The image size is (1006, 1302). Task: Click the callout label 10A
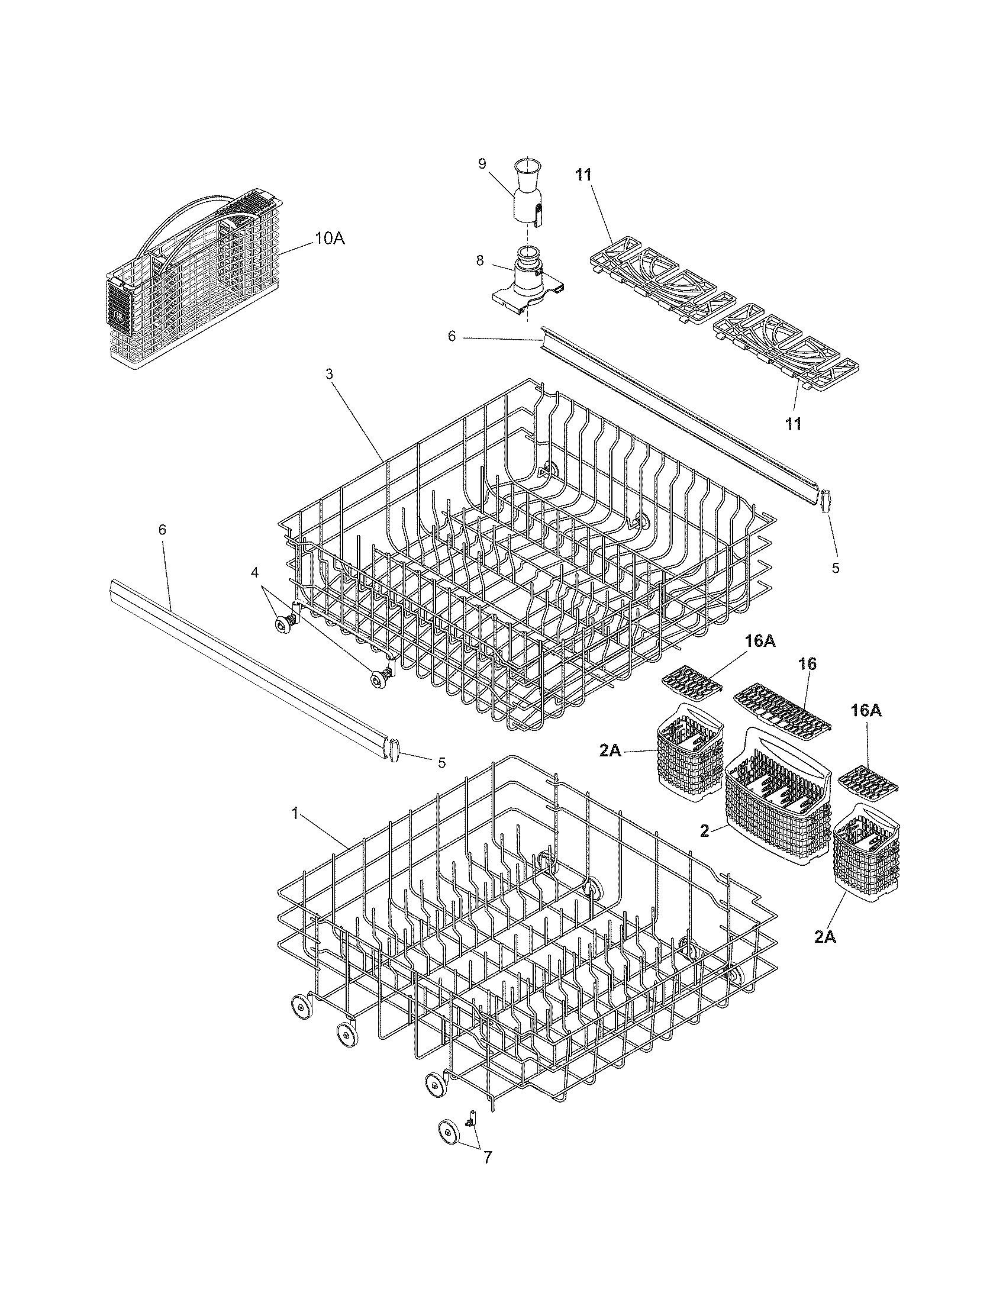click(330, 239)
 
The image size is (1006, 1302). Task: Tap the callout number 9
click(482, 163)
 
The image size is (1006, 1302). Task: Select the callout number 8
click(481, 260)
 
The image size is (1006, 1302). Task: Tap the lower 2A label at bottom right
click(826, 937)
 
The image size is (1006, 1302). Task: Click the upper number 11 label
click(584, 175)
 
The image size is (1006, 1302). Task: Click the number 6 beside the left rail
click(163, 530)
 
